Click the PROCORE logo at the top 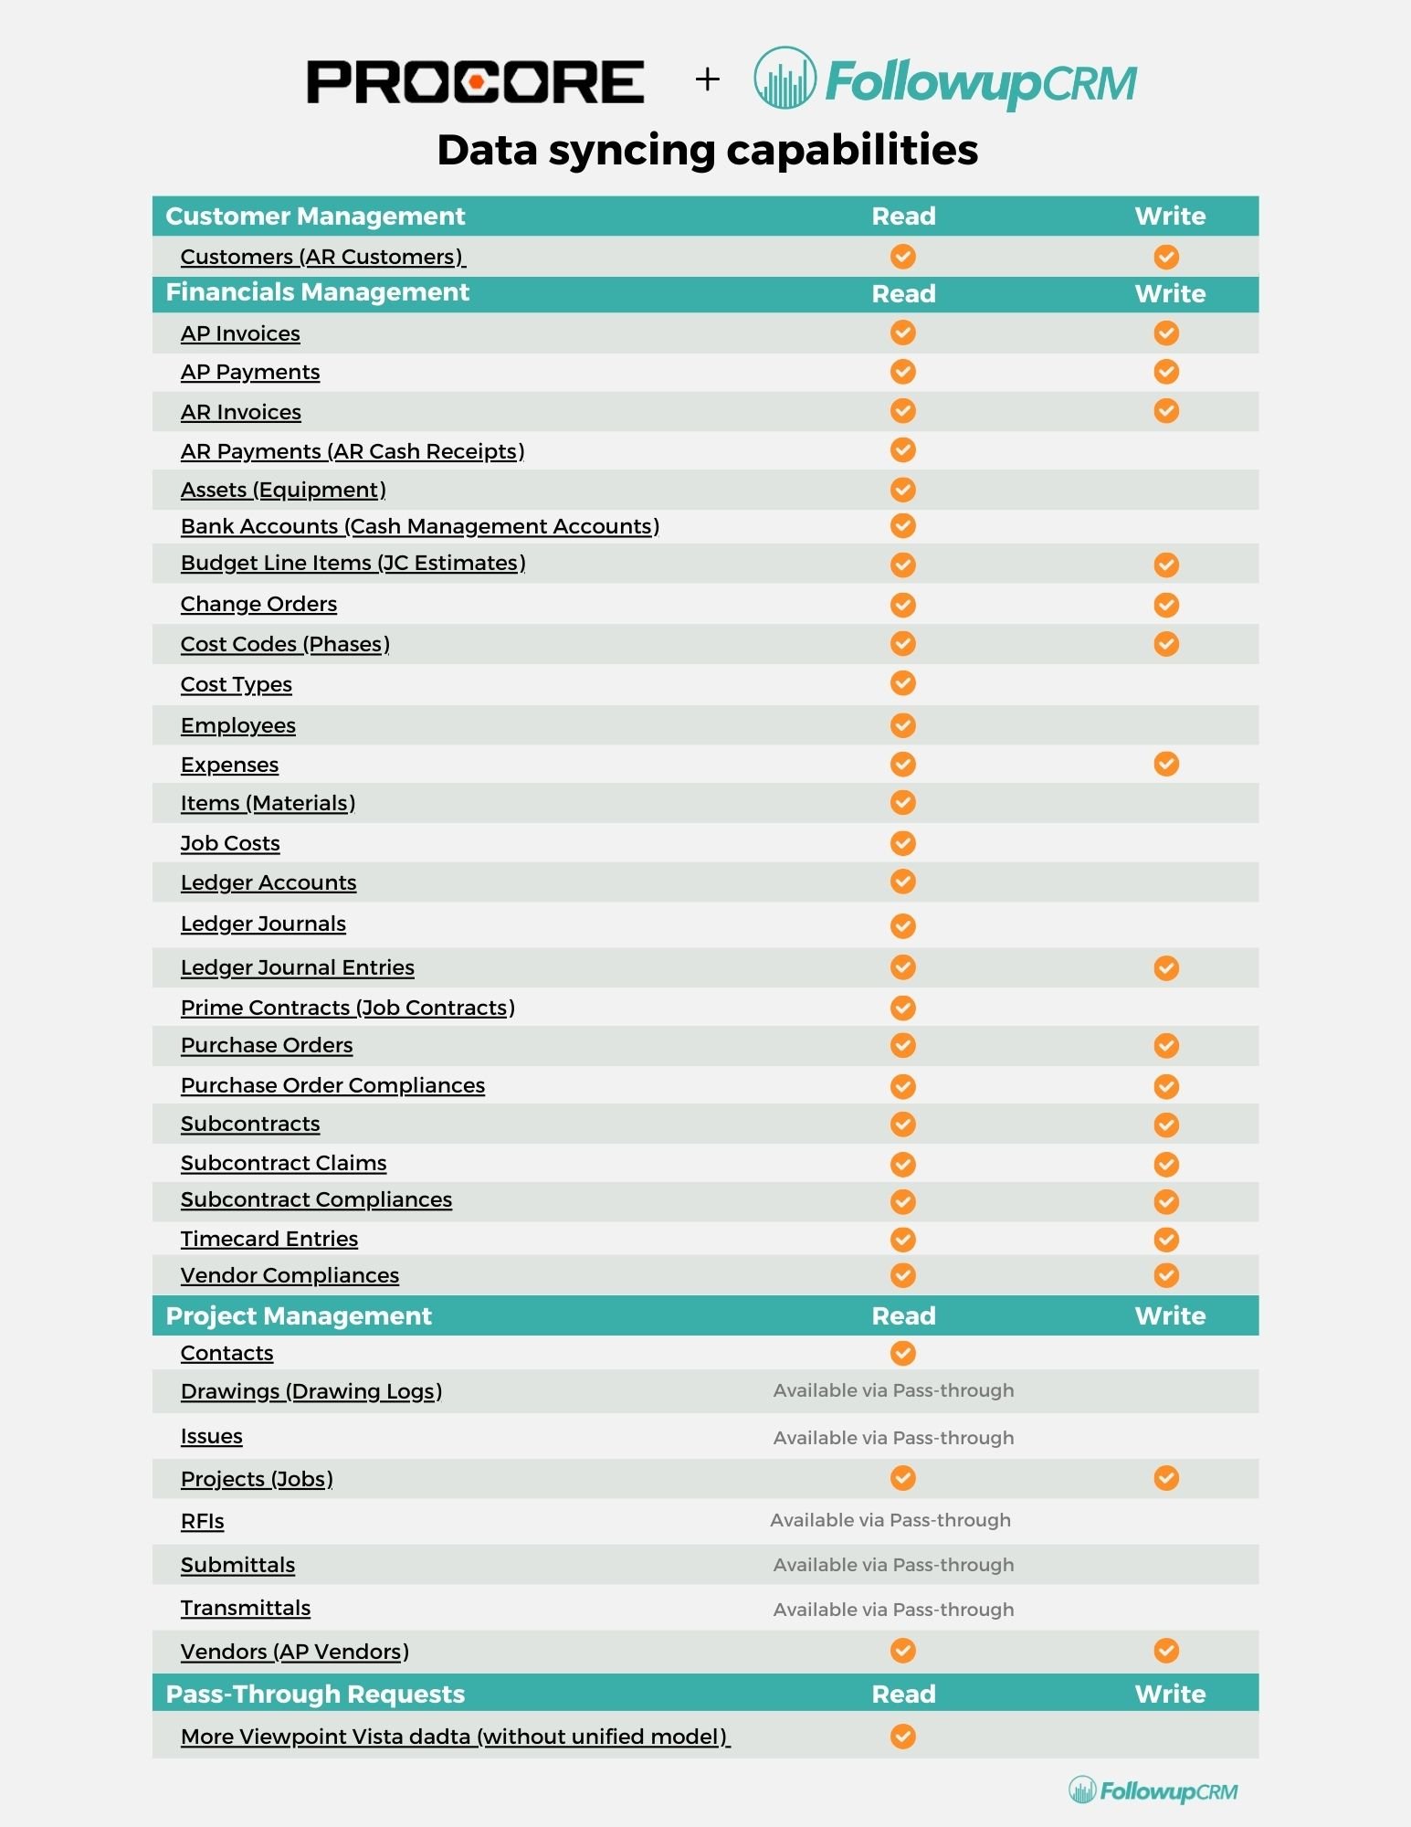pos(475,81)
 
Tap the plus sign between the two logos pos(707,79)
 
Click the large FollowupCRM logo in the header pos(945,80)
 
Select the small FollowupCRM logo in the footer pos(1153,1790)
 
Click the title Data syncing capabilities pos(707,150)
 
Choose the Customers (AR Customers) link pos(322,257)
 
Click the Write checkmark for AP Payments pos(1165,372)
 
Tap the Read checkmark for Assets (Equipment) pos(902,490)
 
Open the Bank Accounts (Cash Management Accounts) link pos(419,526)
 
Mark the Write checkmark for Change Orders pos(1165,605)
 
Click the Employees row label pos(237,725)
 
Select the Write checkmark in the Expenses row pos(1165,764)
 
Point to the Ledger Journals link pos(263,924)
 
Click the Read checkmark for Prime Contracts pos(902,1008)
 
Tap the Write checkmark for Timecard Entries pos(1165,1239)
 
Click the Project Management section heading pos(299,1315)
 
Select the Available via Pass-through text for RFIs pos(890,1520)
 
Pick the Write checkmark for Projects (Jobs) pos(1165,1478)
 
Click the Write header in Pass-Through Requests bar pos(1169,1694)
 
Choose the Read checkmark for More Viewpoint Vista pos(902,1736)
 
